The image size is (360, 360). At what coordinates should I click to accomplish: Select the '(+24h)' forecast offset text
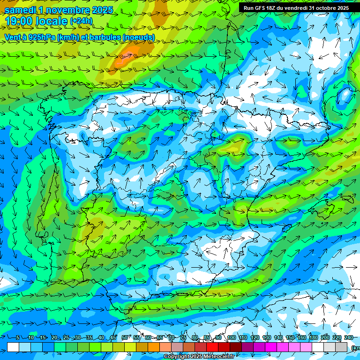(x=81, y=21)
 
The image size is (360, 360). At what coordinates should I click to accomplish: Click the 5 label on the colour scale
(x=18, y=338)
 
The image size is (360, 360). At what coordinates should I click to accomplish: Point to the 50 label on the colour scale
(x=125, y=338)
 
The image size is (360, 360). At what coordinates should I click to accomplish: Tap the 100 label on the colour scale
(x=231, y=338)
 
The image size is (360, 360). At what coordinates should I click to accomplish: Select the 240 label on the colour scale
(x=349, y=338)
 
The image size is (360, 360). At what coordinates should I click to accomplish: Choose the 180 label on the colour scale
(x=314, y=338)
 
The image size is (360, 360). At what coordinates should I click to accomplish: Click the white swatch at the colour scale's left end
(x=13, y=347)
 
